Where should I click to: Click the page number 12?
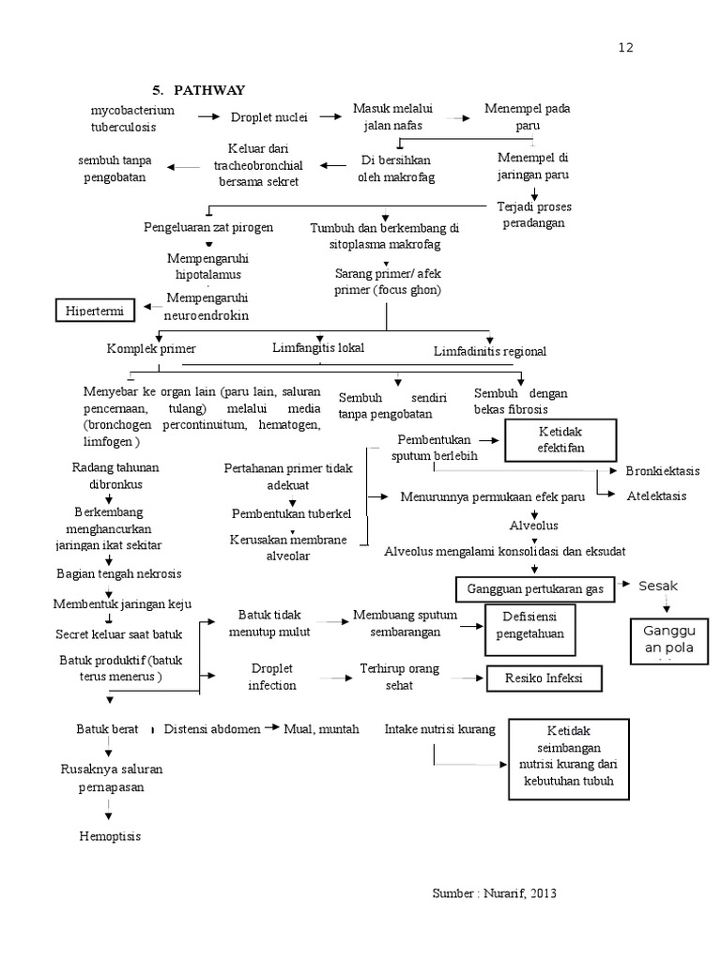pyautogui.click(x=626, y=48)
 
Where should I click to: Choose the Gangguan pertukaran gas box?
pyautogui.click(x=535, y=589)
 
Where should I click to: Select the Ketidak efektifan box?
pyautogui.click(x=560, y=440)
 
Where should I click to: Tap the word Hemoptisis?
pyautogui.click(x=110, y=836)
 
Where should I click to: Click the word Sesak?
pyautogui.click(x=658, y=587)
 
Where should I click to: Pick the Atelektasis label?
pyautogui.click(x=656, y=496)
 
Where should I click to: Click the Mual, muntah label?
pyautogui.click(x=322, y=728)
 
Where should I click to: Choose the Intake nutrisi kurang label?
pyautogui.click(x=440, y=728)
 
